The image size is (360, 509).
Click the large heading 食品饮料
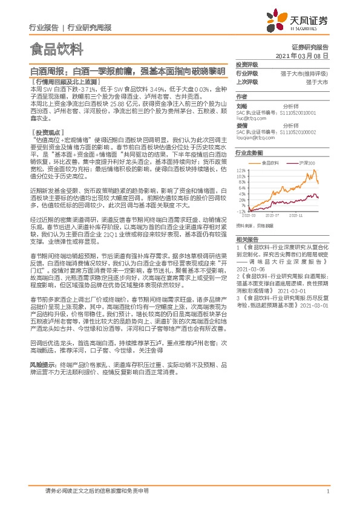coord(56,48)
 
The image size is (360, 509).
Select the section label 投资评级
coord(247,64)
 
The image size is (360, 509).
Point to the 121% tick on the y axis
coord(241,170)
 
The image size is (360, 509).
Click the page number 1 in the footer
coord(327,491)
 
